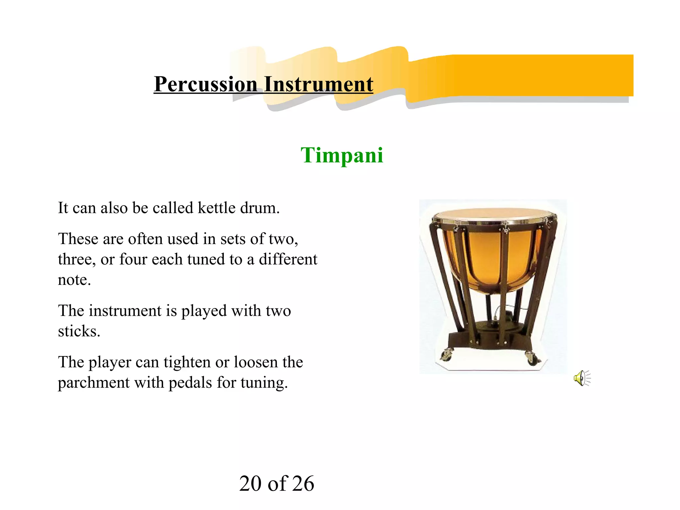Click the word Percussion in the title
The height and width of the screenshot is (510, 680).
pos(205,84)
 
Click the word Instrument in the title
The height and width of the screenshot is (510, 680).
pos(318,84)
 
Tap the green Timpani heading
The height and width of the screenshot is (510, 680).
pos(342,155)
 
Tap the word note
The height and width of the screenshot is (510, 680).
pos(74,280)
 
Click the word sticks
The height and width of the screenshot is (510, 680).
pos(79,331)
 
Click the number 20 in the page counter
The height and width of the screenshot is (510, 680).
pos(250,483)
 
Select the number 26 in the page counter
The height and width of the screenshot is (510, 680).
pos(303,483)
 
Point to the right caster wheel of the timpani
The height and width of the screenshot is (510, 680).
pos(531,358)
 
